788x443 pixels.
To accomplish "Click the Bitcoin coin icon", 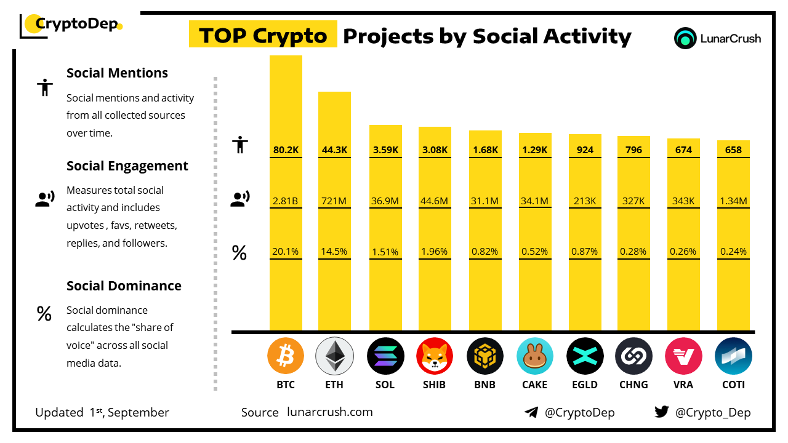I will (x=286, y=356).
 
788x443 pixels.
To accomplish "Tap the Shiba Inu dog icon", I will (x=435, y=356).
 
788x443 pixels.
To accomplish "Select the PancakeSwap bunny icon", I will (x=534, y=356).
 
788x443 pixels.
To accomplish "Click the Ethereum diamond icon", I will (x=334, y=356).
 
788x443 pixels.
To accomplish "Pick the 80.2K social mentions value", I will (x=286, y=150).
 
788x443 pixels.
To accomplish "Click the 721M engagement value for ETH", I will (x=334, y=200).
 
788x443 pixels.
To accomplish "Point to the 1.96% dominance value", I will (x=435, y=251).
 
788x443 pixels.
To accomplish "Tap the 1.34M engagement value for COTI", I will (x=733, y=200).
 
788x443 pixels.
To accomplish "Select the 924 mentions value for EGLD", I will (x=584, y=150).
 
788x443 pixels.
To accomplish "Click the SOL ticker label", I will (x=385, y=385).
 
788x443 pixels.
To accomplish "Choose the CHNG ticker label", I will (x=633, y=385).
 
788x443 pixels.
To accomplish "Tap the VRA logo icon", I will (x=683, y=356).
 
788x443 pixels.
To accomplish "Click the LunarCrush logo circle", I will (x=685, y=38).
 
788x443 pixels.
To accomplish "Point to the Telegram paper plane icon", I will (x=531, y=412).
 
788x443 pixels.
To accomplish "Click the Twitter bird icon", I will (x=662, y=412).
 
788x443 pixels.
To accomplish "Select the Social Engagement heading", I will (x=127, y=166).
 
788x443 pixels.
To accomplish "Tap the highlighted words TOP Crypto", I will (x=263, y=36).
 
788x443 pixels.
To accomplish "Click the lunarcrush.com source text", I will (x=330, y=412).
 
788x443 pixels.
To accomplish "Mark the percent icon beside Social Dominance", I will (x=44, y=314).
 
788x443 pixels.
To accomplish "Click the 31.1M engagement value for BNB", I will (x=485, y=200).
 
